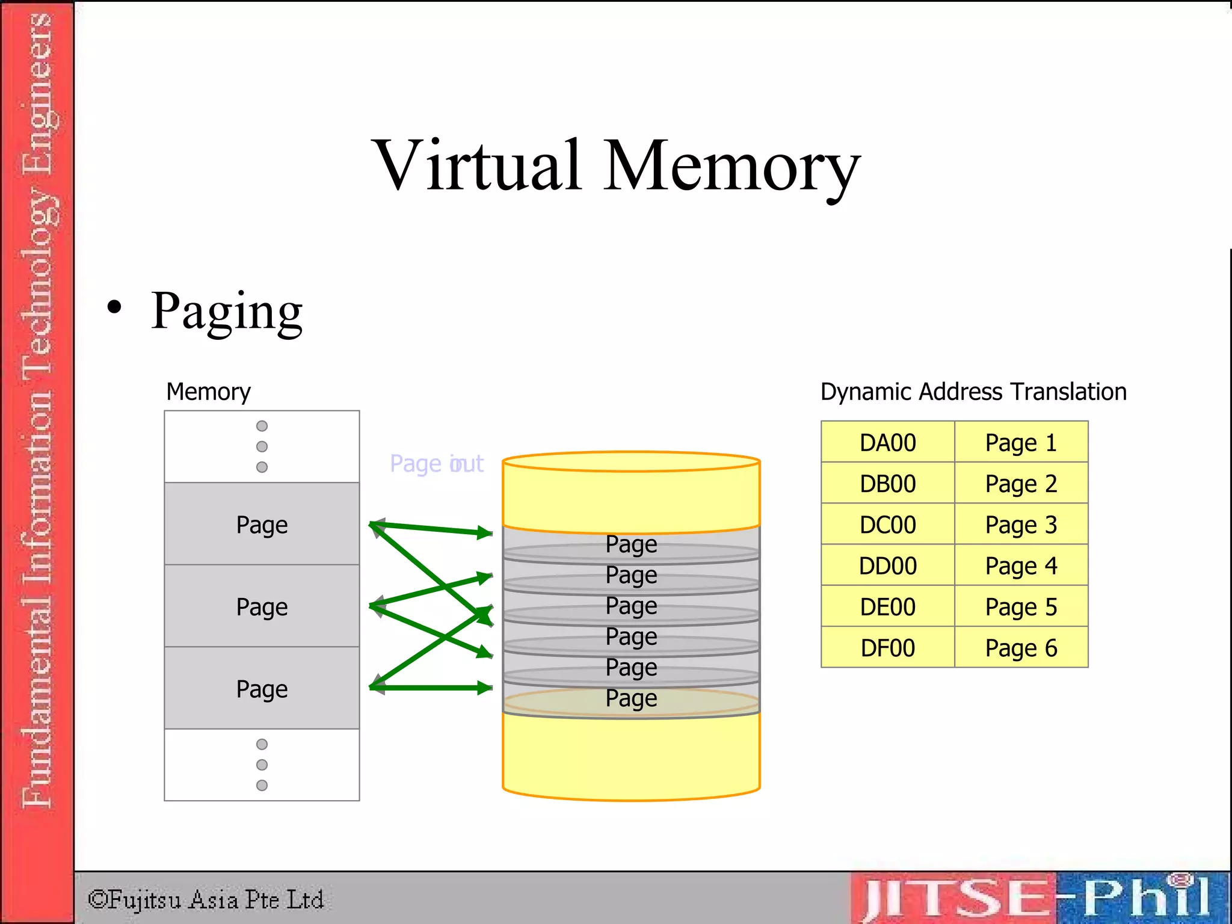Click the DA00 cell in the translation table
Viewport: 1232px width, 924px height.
(887, 443)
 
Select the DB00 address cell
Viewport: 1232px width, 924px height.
(887, 484)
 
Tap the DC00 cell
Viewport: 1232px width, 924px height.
(887, 525)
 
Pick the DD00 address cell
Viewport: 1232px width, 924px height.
(887, 565)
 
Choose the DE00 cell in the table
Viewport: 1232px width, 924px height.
(887, 607)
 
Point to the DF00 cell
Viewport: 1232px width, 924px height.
(887, 648)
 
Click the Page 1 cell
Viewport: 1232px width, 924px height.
(1021, 443)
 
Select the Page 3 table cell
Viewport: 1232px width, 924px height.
(1021, 525)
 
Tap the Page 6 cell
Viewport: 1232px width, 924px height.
(1021, 648)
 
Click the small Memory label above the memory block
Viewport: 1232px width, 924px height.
(208, 392)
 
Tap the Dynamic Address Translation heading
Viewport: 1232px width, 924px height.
(973, 392)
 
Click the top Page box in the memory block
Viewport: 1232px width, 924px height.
(262, 524)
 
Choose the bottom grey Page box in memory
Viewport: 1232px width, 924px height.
(262, 688)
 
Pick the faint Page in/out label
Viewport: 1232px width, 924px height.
(437, 464)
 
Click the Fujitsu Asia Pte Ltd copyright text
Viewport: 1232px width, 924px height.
(206, 900)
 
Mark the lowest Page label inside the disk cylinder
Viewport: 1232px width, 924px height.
(631, 698)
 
